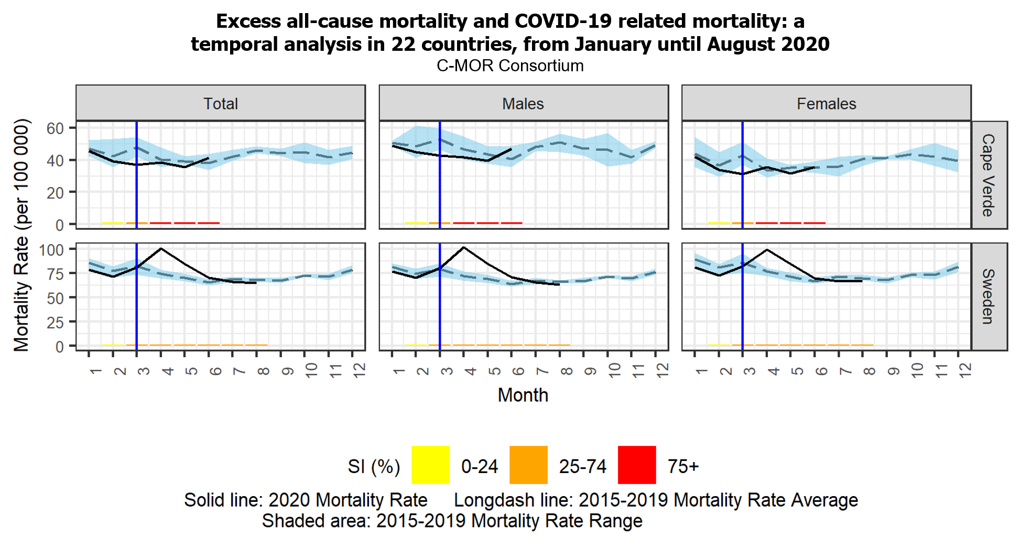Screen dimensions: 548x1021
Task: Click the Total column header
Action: click(x=221, y=104)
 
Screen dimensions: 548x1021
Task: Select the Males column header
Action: click(x=523, y=104)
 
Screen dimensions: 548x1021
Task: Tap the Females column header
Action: click(x=826, y=104)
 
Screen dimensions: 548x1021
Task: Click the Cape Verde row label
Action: click(x=989, y=175)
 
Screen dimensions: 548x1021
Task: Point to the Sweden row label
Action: click(x=989, y=297)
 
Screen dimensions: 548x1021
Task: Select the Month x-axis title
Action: click(x=523, y=395)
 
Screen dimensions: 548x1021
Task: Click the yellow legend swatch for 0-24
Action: click(x=430, y=465)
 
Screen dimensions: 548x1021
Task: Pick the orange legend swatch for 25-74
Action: click(x=528, y=465)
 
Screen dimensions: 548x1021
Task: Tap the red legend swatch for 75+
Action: click(x=637, y=465)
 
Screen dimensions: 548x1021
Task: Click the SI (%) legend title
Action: click(x=374, y=466)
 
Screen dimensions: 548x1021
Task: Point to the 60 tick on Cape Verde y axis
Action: click(x=55, y=128)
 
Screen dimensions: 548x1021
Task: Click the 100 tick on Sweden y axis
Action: click(x=51, y=250)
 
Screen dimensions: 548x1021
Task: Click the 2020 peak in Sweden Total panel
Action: click(x=161, y=248)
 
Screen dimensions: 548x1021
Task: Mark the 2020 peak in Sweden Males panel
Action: click(x=464, y=247)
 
